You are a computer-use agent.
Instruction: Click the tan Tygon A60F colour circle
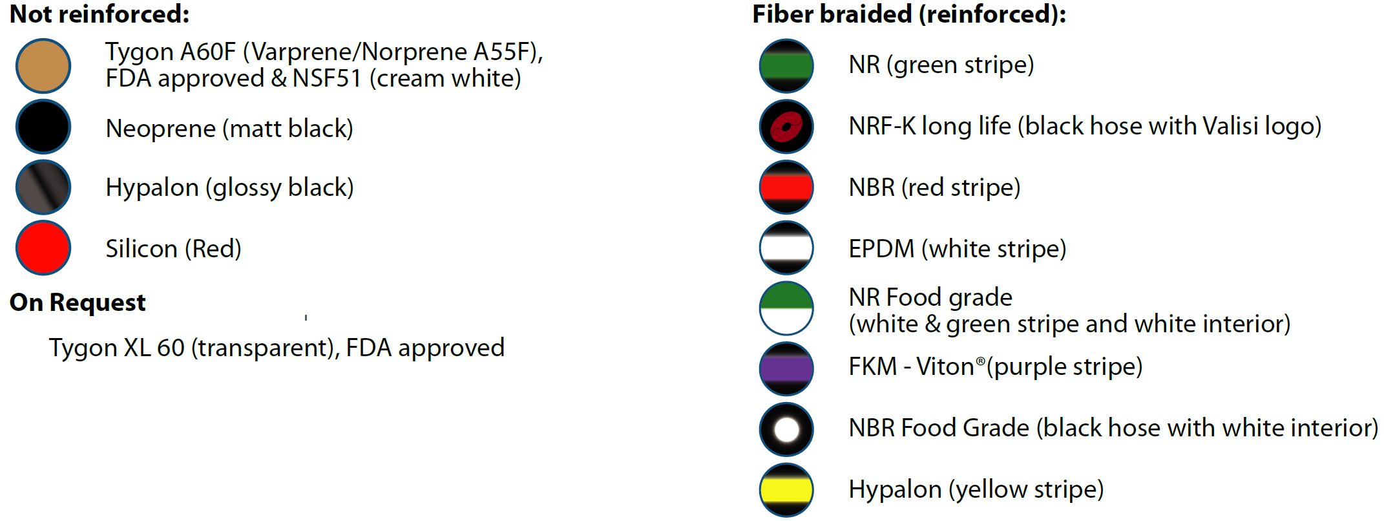tap(43, 65)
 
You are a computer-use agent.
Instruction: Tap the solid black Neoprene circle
tap(43, 126)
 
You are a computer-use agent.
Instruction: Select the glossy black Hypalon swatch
tap(43, 187)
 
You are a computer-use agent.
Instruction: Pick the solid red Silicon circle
tap(43, 248)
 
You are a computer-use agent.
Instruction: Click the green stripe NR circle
tap(786, 65)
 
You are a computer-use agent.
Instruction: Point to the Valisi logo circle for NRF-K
tap(786, 126)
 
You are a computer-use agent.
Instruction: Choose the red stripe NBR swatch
tap(786, 187)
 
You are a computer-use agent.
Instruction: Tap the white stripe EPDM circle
tap(786, 248)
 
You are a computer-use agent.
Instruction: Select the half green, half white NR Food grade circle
tap(786, 308)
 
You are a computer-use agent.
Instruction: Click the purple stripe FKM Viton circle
tap(786, 368)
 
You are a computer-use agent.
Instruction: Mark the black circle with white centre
tap(786, 429)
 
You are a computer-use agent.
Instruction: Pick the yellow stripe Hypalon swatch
tap(786, 490)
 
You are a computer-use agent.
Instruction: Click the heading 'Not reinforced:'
tap(100, 14)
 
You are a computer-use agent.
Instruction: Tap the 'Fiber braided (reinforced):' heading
tap(909, 15)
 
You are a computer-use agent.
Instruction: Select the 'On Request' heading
tap(78, 303)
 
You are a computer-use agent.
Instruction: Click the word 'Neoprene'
tap(161, 129)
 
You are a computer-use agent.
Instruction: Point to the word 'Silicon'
tap(142, 248)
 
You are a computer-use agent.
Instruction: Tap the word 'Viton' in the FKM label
tap(946, 367)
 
